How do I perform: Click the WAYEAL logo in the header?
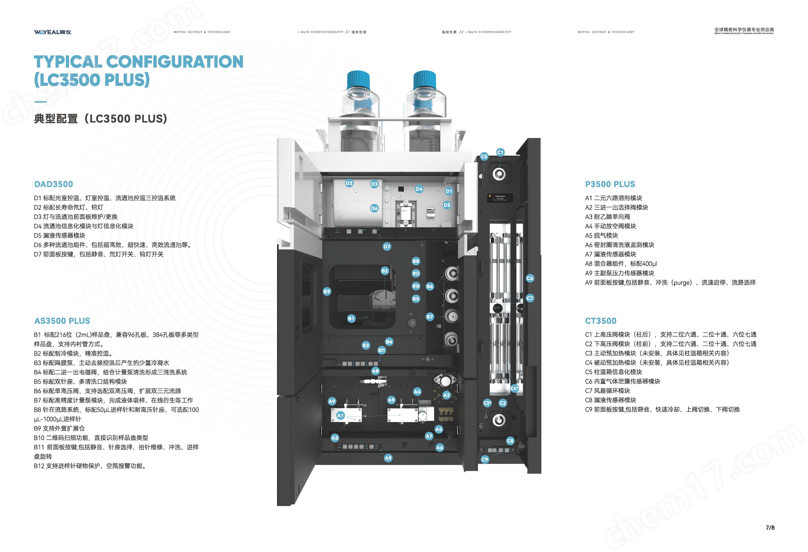tap(53, 32)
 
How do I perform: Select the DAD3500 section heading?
tap(53, 184)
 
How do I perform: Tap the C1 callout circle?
tap(500, 152)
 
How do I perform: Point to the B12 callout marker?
tap(416, 274)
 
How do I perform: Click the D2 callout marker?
tap(349, 183)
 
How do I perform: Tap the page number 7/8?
tap(770, 528)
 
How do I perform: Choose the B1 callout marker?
tap(351, 318)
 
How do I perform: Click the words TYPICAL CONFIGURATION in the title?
tap(138, 62)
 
